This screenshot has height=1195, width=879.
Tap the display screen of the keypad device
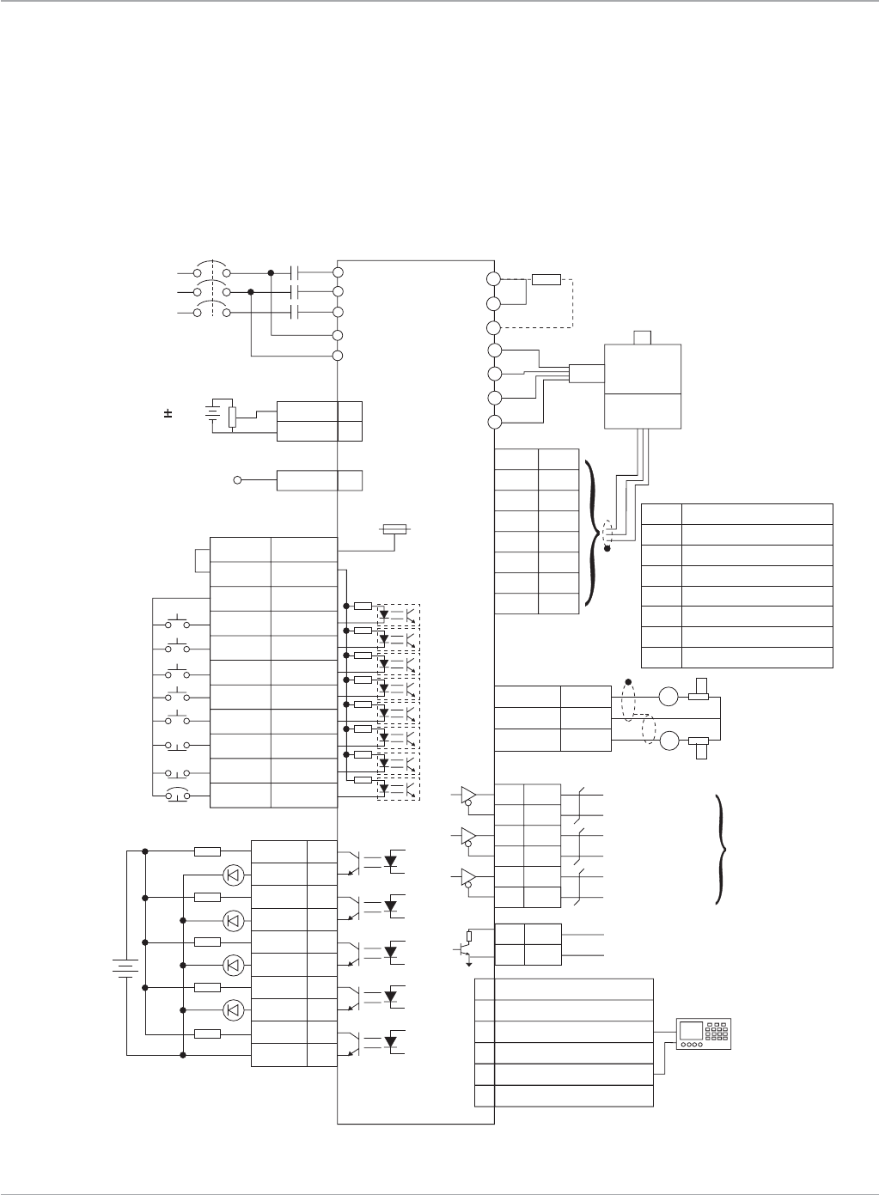click(x=693, y=1027)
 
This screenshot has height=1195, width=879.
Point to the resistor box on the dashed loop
click(x=546, y=279)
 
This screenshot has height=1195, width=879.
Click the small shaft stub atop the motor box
click(x=644, y=337)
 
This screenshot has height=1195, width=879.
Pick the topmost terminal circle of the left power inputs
click(x=338, y=271)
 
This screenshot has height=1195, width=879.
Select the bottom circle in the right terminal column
click(x=494, y=422)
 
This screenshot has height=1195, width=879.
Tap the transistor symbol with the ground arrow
click(x=465, y=949)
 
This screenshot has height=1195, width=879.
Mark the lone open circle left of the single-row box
click(x=236, y=479)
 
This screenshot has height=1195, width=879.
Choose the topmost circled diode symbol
click(x=233, y=875)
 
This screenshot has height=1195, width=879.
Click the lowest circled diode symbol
click(x=233, y=1009)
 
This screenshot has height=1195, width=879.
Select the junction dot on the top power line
click(x=271, y=272)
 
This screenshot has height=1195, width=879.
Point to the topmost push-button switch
click(x=178, y=622)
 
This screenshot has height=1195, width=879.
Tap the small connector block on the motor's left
click(x=583, y=373)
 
